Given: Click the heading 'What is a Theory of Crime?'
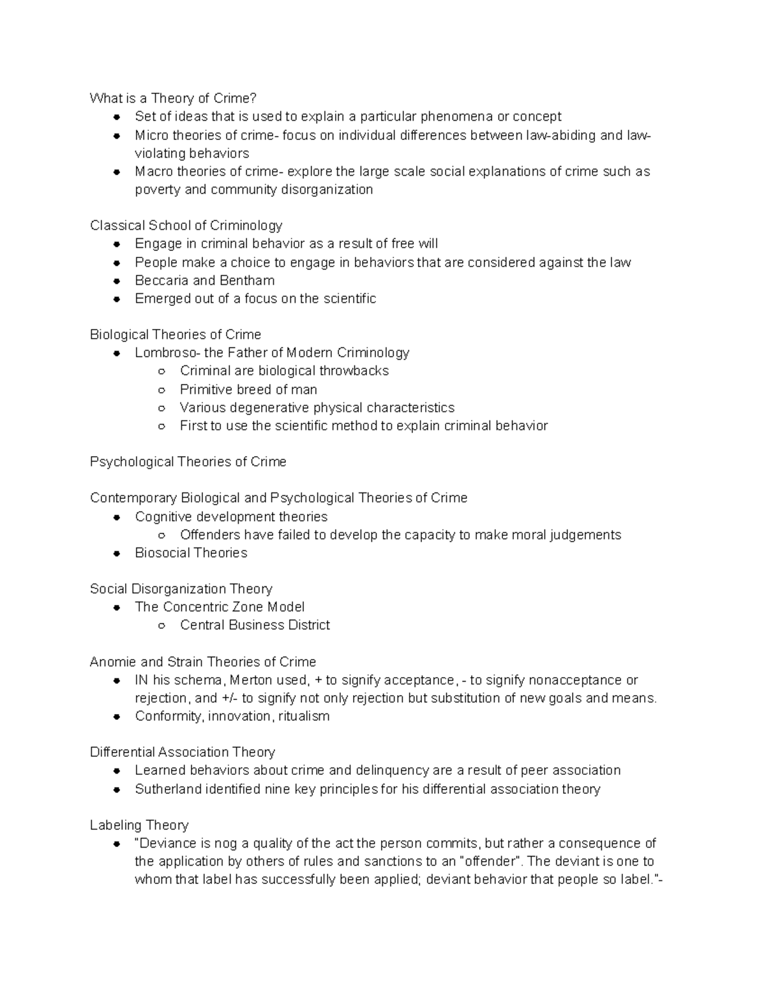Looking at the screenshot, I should pos(173,98).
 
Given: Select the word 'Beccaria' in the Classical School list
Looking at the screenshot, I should pos(161,280).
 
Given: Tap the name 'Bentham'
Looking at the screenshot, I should pos(246,280).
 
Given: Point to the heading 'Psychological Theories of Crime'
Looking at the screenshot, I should pos(188,462).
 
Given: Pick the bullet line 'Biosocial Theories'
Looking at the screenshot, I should pos(191,553).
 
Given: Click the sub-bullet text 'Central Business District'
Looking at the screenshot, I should pos(255,625).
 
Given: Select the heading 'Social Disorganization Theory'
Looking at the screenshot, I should pos(181,589).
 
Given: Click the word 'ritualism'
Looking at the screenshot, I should pos(304,716).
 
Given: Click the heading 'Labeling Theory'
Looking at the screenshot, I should pos(139,825).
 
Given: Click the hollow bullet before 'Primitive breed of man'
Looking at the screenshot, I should pos(162,390).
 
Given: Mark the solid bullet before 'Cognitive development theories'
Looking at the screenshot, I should pos(117,517).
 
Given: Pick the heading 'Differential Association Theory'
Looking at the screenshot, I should pos(183,752).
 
